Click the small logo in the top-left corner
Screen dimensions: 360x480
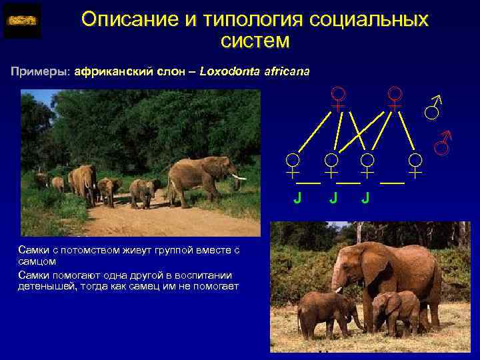[22, 21]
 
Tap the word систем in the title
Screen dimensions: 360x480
[255, 41]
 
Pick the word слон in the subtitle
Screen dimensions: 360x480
[163, 71]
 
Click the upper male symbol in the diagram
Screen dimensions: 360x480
[434, 107]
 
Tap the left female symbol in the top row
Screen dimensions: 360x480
[339, 98]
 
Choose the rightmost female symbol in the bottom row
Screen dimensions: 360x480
[415, 164]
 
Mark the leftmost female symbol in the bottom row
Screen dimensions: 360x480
[292, 164]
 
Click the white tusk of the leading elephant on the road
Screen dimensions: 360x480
[239, 177]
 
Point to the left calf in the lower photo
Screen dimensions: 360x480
[327, 310]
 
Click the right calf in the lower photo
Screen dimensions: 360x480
[396, 310]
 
